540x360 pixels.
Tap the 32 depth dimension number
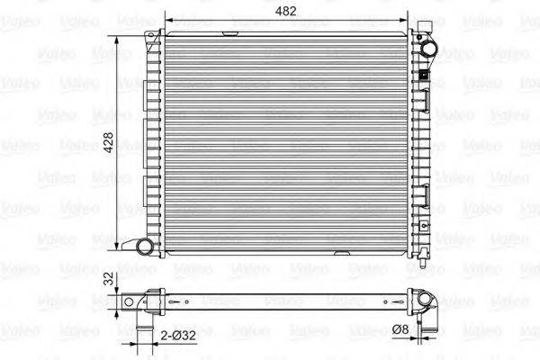(109, 280)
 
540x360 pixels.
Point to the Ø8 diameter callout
(402, 331)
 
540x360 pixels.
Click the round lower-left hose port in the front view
(144, 247)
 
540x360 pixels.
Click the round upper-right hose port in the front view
(428, 49)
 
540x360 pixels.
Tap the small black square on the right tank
(420, 76)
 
